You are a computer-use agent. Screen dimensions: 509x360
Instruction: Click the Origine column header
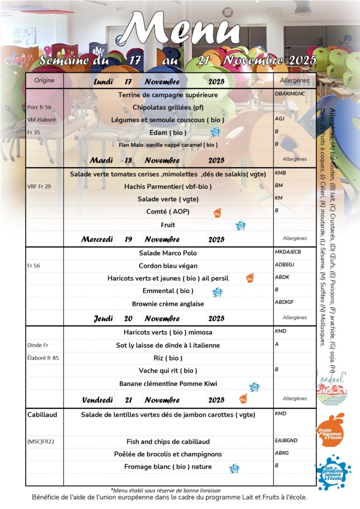(x=44, y=81)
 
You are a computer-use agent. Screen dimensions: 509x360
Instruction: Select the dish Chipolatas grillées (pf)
(x=169, y=107)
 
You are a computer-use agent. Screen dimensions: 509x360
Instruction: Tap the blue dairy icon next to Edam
(x=215, y=132)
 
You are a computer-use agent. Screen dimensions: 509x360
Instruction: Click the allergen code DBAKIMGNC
(x=290, y=93)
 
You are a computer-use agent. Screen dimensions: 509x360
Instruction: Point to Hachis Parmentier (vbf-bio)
(x=168, y=186)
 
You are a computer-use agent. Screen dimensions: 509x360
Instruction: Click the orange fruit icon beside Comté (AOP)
(x=217, y=213)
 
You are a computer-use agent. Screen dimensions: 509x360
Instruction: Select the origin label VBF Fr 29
(x=39, y=186)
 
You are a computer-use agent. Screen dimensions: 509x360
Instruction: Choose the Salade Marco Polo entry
(x=168, y=253)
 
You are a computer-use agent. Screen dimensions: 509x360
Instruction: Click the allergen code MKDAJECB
(x=288, y=252)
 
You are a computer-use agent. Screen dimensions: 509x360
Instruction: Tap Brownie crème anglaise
(x=168, y=304)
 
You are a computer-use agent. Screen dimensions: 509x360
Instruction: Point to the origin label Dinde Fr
(x=38, y=345)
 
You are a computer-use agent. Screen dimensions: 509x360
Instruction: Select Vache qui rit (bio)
(x=168, y=370)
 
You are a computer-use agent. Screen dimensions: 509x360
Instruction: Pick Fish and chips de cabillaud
(x=168, y=441)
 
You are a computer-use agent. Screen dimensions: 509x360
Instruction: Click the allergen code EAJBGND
(x=286, y=440)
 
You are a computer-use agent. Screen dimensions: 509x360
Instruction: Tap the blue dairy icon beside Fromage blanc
(x=234, y=468)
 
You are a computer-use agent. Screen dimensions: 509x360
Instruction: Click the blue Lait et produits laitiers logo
(x=333, y=472)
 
